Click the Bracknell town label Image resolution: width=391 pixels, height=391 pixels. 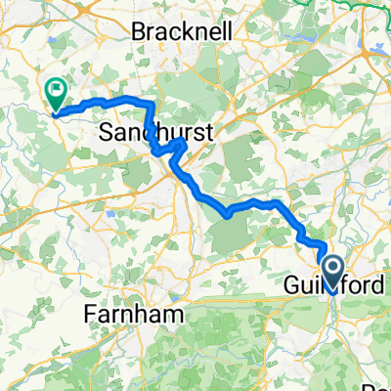187,31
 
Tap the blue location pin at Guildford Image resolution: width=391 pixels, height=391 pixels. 332,272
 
